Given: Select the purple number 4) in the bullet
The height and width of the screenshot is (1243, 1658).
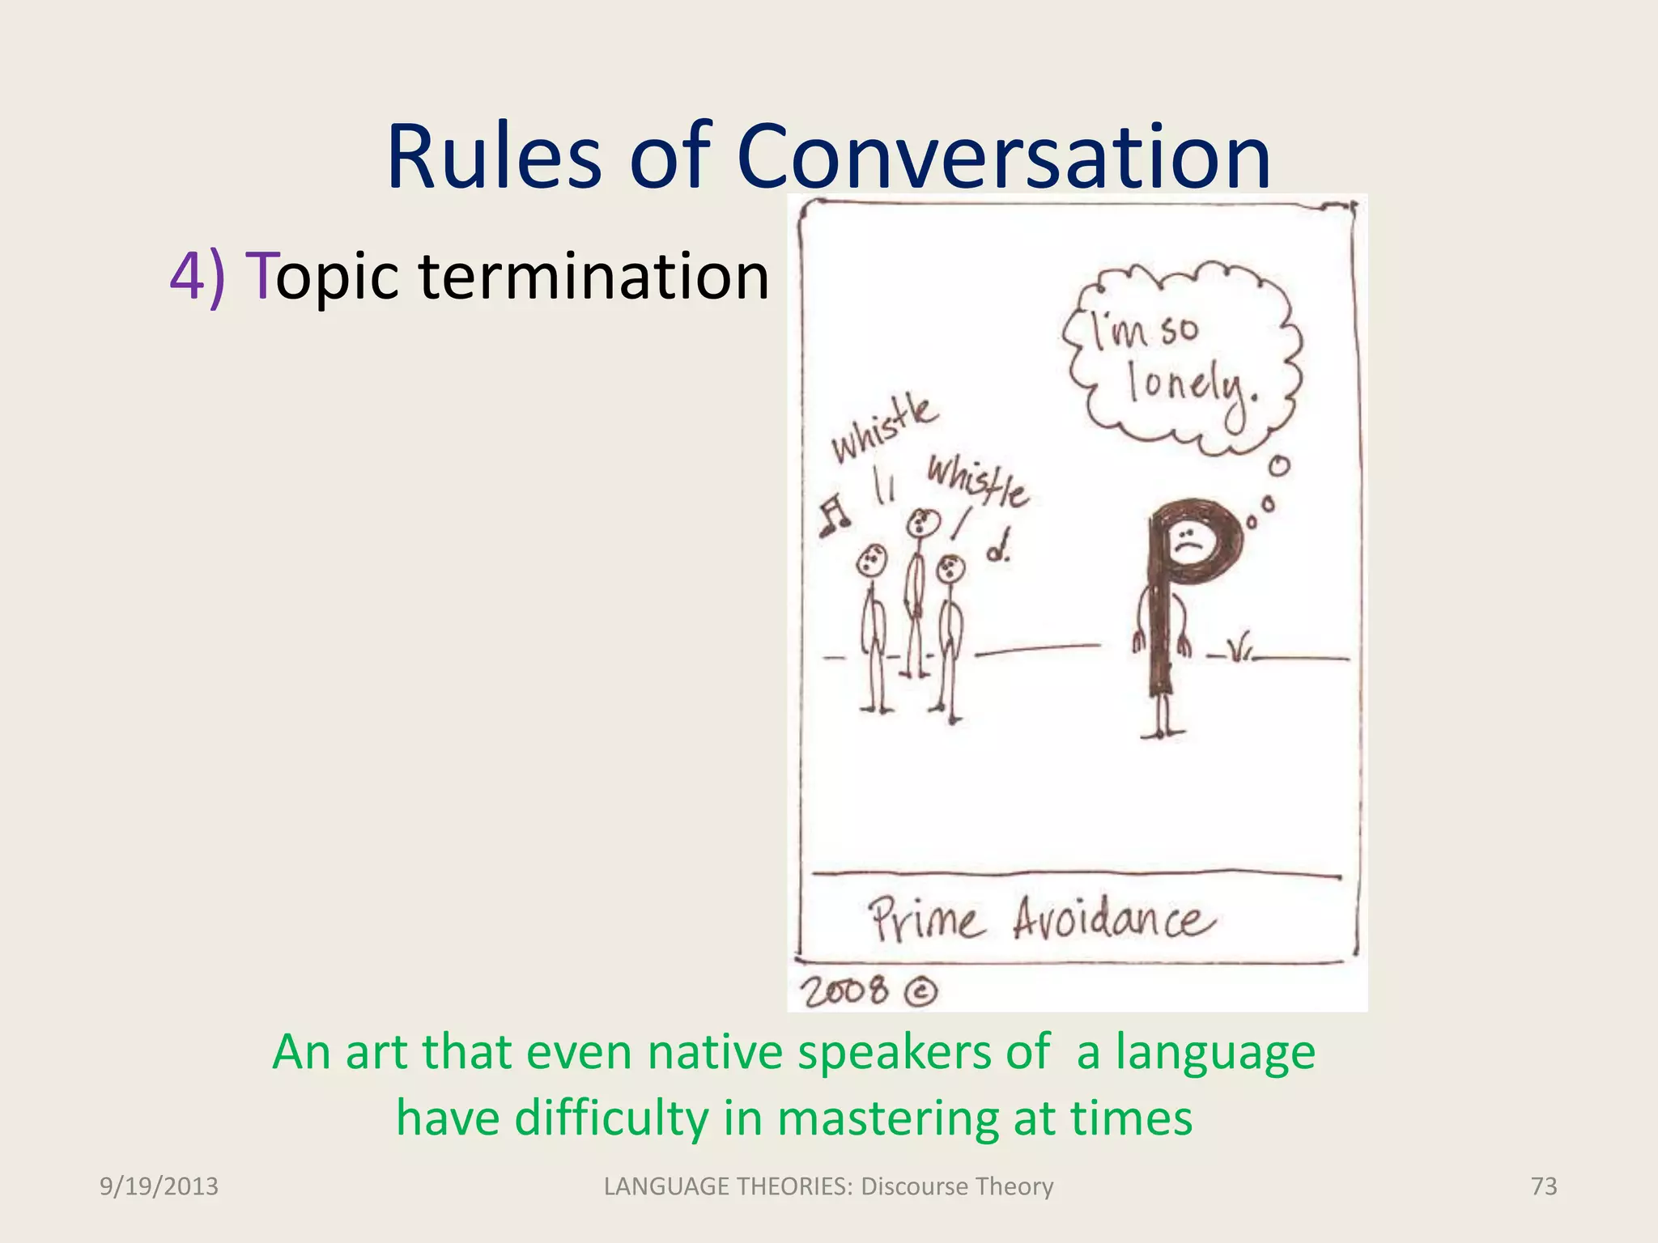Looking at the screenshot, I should pyautogui.click(x=198, y=276).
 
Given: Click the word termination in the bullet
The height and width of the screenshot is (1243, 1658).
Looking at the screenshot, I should pyautogui.click(x=593, y=276).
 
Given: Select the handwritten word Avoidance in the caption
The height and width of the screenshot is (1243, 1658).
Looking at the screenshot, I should pyautogui.click(x=1114, y=920).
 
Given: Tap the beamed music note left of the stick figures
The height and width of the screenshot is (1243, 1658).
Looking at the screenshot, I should pyautogui.click(x=833, y=516).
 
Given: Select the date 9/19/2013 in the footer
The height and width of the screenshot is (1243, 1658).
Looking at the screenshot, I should pyautogui.click(x=159, y=1186).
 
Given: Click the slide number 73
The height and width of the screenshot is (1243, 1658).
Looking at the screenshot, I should pyautogui.click(x=1544, y=1186).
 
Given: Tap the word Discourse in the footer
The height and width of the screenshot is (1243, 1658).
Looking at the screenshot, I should pyautogui.click(x=914, y=1186).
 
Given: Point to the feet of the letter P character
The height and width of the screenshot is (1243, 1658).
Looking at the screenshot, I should pyautogui.click(x=1163, y=732).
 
